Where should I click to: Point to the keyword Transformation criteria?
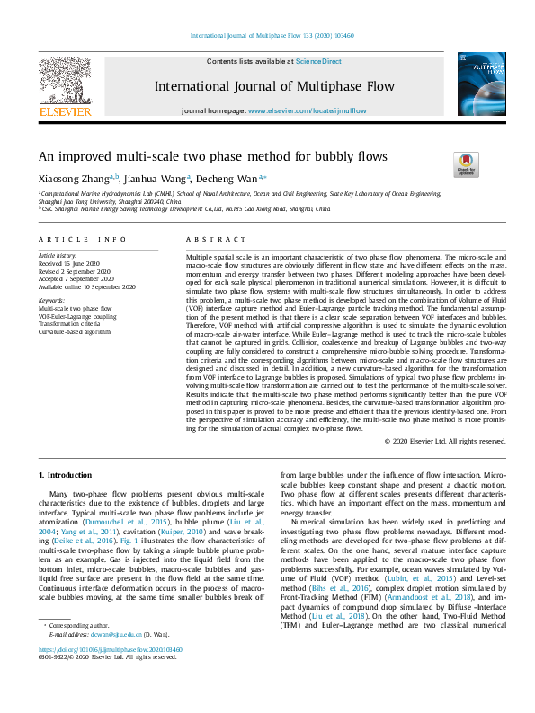click(70, 323)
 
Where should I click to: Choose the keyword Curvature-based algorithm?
click(74, 331)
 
